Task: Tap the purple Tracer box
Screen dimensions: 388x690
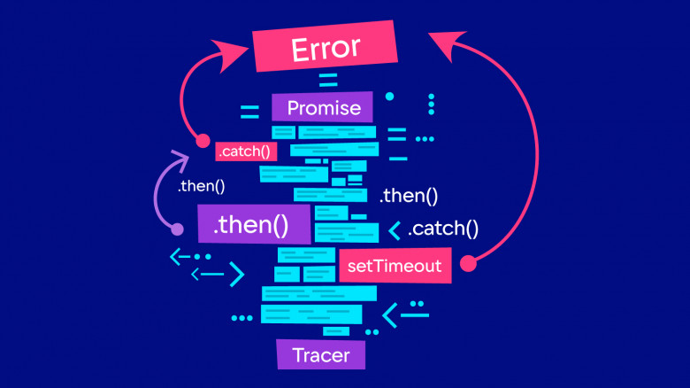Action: [x=319, y=356]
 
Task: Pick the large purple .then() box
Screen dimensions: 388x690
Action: [x=254, y=225]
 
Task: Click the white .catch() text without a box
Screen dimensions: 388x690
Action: [x=443, y=229]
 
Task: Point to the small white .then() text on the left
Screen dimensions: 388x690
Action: [x=202, y=187]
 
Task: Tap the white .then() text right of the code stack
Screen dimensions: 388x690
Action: [x=408, y=197]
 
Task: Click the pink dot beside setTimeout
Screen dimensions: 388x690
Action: [x=469, y=262]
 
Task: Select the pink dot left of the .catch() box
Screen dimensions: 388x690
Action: [x=203, y=140]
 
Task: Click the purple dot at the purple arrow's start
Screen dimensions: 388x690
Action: [x=177, y=229]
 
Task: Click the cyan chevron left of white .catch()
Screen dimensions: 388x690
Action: [x=395, y=230]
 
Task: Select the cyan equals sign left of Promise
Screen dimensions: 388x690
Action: [x=249, y=113]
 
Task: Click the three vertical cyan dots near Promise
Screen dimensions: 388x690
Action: [x=432, y=104]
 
